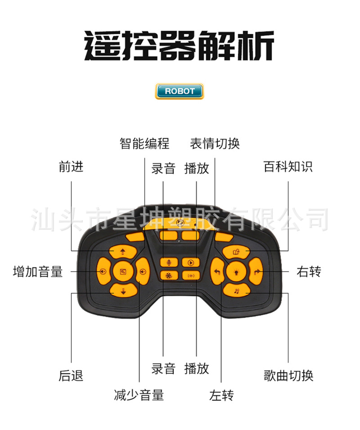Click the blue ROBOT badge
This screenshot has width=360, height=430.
pyautogui.click(x=179, y=91)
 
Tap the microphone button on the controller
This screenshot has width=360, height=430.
pyautogui.click(x=169, y=262)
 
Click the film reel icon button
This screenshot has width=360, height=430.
pyautogui.click(x=169, y=276)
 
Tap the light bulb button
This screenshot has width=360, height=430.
pyautogui.click(x=235, y=271)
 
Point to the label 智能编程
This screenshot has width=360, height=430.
pyautogui.click(x=144, y=144)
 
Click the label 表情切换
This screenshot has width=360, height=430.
pyautogui.click(x=215, y=144)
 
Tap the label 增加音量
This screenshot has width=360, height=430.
pyautogui.click(x=38, y=272)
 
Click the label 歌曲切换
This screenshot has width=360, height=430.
pyautogui.click(x=288, y=375)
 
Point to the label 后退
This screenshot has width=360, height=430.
pyautogui.click(x=71, y=376)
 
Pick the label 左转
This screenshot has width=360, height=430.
pyautogui.click(x=221, y=395)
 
